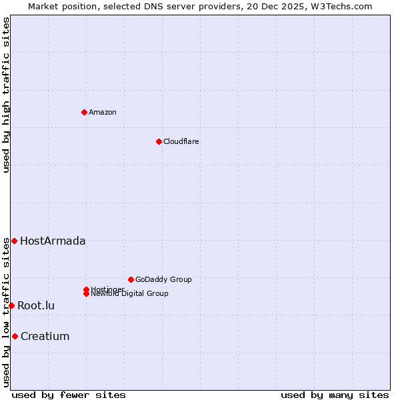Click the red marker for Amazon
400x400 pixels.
(84, 112)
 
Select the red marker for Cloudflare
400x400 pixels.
(159, 141)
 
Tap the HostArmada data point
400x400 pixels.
(14, 241)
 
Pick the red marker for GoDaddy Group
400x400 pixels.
(131, 279)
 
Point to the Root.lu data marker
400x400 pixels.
(11, 305)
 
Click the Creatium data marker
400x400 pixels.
(15, 336)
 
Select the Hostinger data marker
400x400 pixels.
(86, 289)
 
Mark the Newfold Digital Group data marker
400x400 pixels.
(86, 294)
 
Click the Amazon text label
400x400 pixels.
(103, 112)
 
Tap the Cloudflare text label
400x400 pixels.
(181, 141)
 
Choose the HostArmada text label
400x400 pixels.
(53, 241)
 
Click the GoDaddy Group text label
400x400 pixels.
(163, 279)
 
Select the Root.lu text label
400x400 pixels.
(36, 306)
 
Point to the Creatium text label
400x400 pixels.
(45, 337)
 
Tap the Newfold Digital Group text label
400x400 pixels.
(129, 294)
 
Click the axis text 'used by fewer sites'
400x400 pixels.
(69, 395)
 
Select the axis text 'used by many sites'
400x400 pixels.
(335, 395)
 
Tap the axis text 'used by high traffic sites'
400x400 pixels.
(6, 95)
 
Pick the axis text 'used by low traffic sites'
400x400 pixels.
(6, 312)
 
